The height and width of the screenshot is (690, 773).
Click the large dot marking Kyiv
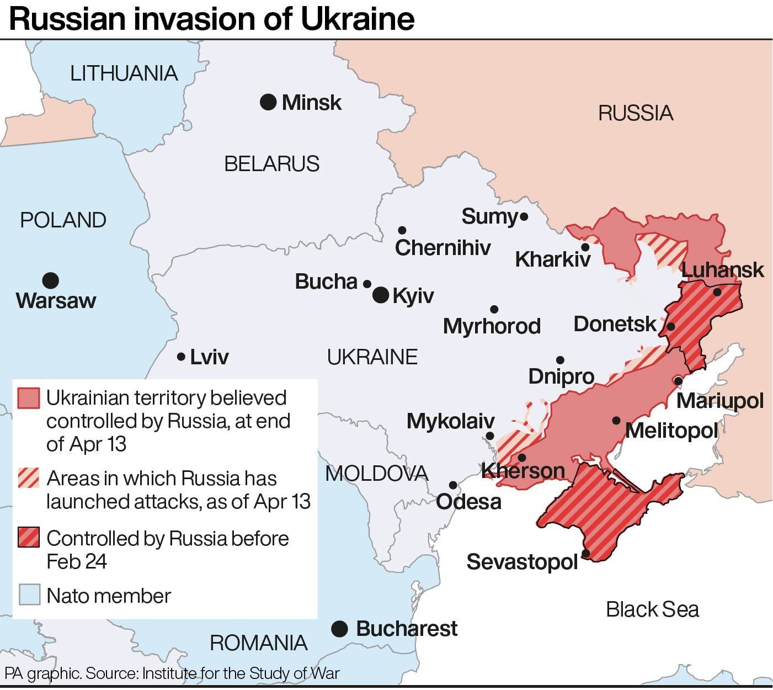point(381,295)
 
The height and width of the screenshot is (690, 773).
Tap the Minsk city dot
point(268,102)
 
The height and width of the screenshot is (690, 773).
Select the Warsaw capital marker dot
point(51,280)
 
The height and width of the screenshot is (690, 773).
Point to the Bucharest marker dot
point(339,628)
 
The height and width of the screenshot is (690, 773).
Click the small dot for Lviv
point(180,357)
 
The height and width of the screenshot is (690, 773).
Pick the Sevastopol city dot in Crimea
point(585,553)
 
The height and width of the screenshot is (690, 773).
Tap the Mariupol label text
point(719,401)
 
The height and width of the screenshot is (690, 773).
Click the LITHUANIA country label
point(124,73)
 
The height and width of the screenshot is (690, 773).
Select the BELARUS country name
point(271,164)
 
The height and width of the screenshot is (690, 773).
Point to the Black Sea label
point(652,609)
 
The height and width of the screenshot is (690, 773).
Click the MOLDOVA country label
point(376,474)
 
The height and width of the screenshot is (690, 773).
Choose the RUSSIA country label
point(636,113)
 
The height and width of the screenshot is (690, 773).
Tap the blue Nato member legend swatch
point(29,595)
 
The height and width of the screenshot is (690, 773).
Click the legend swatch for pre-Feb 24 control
point(29,537)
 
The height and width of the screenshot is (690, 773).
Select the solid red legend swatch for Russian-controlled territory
point(29,398)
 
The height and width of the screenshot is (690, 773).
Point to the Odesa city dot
point(453,485)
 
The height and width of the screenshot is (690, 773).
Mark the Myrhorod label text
point(492,326)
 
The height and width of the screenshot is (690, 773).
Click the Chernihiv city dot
point(402,230)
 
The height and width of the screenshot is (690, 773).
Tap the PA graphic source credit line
point(172,673)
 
